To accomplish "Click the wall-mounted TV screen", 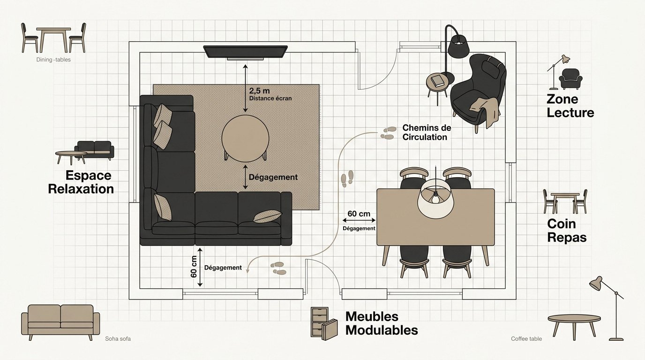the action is [245, 52].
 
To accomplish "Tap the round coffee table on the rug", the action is [245, 139].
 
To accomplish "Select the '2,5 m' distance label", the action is [259, 91].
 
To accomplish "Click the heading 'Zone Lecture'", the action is [570, 105].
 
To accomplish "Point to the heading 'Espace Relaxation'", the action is [81, 182].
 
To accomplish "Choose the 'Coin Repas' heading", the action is [567, 231].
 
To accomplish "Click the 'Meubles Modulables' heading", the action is [382, 323].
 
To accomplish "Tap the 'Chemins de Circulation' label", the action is [427, 132].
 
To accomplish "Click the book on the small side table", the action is [438, 80].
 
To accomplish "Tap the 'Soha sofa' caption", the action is [118, 339].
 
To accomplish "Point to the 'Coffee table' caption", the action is [526, 339].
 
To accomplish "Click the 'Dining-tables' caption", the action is [53, 60].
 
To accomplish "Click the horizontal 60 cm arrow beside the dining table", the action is [359, 220].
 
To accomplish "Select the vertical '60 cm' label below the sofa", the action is [194, 267].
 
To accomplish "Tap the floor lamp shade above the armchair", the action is [459, 46].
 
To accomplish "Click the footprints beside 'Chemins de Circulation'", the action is [388, 133].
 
